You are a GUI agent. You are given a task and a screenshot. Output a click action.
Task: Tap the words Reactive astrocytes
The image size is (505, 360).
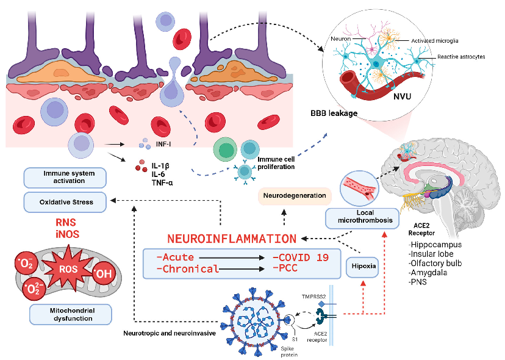click(x=461, y=56)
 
